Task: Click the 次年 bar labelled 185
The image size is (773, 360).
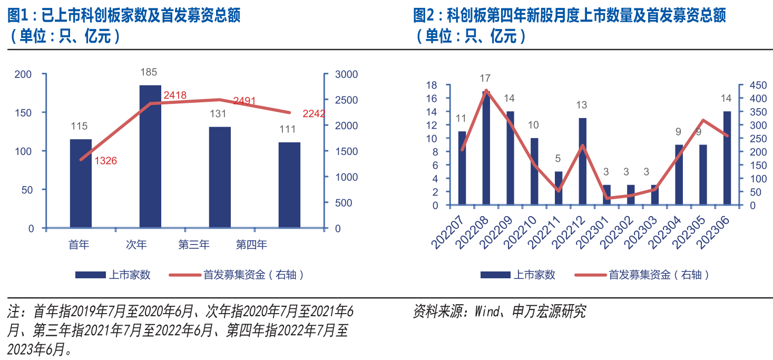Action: tap(150, 156)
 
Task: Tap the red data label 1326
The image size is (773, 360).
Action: tap(105, 161)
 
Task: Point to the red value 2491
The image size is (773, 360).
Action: tap(244, 100)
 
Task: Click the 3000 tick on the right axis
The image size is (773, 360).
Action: tap(345, 74)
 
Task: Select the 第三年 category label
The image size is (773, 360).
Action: tap(194, 245)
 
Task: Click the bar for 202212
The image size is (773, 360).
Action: tap(582, 161)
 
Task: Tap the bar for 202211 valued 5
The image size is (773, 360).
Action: tap(559, 188)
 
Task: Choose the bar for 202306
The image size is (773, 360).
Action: tap(727, 158)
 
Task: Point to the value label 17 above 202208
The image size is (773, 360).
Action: tap(485, 79)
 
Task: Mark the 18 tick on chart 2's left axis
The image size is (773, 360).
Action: tap(432, 85)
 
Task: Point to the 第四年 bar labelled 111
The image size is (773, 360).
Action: tap(289, 185)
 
